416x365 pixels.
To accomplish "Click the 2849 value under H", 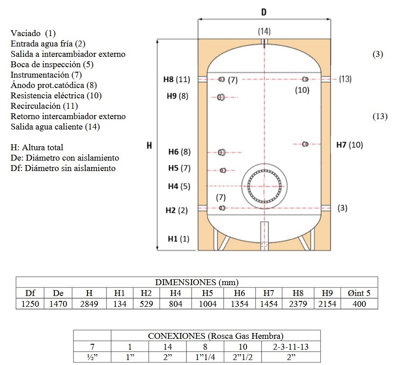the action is click(89, 304).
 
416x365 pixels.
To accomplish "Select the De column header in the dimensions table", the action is click(58, 293).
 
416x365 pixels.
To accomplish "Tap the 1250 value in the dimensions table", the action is click(30, 304).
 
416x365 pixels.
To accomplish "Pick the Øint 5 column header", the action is click(359, 293).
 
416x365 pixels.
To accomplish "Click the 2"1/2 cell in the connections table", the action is click(242, 357).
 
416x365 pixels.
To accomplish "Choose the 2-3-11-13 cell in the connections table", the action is click(291, 347).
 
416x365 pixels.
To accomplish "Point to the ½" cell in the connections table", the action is click(92, 357).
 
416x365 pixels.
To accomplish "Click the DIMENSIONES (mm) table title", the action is click(197, 282).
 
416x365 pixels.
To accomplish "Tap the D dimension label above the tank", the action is click(264, 12).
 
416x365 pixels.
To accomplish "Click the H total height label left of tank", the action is click(149, 145).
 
